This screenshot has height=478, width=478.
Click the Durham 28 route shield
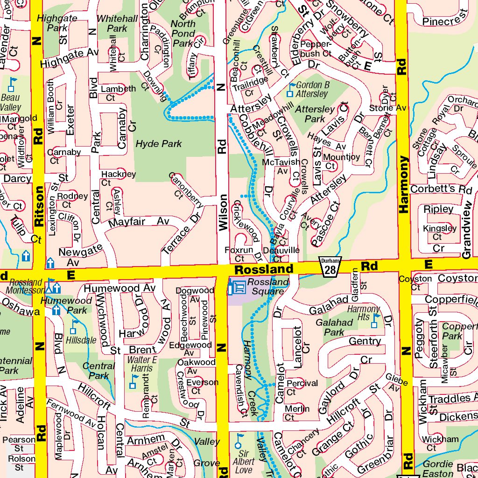pyautogui.click(x=330, y=267)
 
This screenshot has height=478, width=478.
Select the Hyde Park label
pyautogui.click(x=159, y=144)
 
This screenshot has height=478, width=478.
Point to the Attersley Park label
pyautogui.click(x=316, y=114)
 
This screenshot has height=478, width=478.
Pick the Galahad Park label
pyautogui.click(x=334, y=327)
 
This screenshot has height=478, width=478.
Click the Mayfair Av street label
pyautogui.click(x=139, y=222)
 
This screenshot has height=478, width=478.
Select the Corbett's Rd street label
pyautogui.click(x=441, y=190)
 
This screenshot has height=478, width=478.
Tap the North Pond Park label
pyautogui.click(x=183, y=34)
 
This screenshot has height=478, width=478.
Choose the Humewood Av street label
pyautogui.click(x=119, y=289)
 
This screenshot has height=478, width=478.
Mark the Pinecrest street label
pyautogui.click(x=444, y=21)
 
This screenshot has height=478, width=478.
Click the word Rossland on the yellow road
pyautogui.click(x=264, y=270)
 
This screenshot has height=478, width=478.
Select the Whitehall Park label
pyautogui.click(x=117, y=23)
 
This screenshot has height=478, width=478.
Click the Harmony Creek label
pyautogui.click(x=248, y=373)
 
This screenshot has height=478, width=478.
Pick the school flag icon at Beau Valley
pyautogui.click(x=12, y=84)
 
